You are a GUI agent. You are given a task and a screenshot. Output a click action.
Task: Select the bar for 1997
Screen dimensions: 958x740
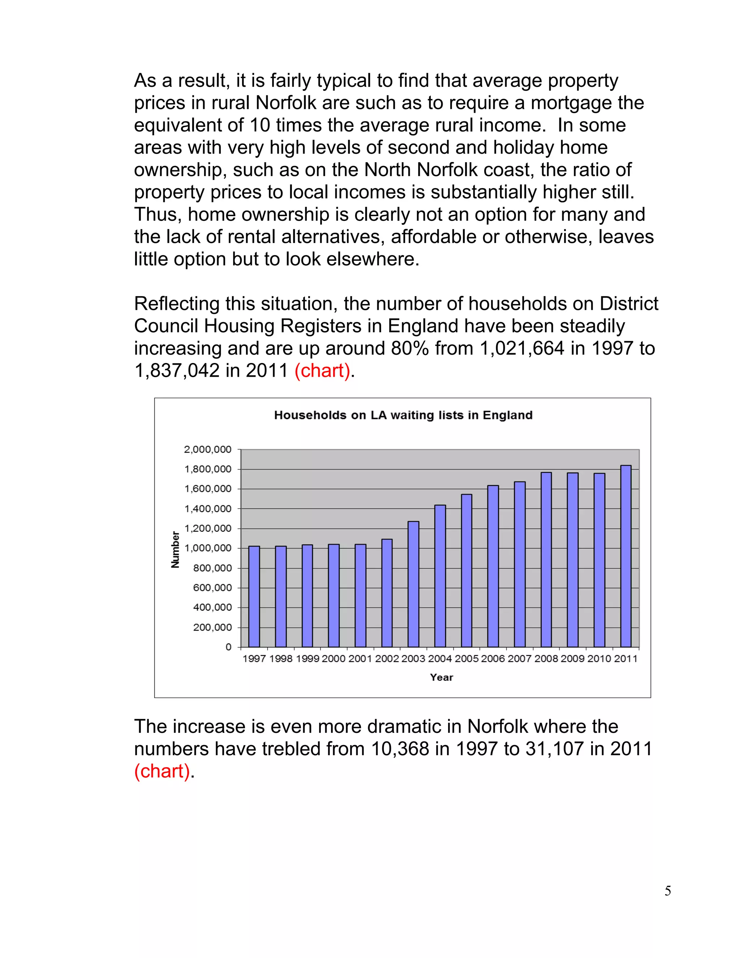click(x=254, y=596)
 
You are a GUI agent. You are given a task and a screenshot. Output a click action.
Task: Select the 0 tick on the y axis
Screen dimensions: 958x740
click(x=228, y=647)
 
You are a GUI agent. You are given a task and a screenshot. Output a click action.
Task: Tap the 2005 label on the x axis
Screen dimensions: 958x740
click(x=466, y=658)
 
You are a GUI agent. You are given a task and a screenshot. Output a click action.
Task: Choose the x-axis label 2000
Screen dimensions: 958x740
click(x=334, y=658)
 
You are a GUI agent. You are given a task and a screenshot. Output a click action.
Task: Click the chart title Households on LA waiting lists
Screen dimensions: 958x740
click(x=403, y=415)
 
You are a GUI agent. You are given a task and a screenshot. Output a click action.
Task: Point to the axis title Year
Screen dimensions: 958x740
click(x=442, y=677)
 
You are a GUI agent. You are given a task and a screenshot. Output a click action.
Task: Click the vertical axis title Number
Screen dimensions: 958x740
click(x=175, y=549)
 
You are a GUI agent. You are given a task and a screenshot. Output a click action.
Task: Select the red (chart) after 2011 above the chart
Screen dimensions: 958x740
click(x=322, y=371)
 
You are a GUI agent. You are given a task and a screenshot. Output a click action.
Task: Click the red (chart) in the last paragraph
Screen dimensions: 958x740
click(x=162, y=771)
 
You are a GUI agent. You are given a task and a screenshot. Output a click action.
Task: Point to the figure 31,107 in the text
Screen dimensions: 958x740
click(x=554, y=749)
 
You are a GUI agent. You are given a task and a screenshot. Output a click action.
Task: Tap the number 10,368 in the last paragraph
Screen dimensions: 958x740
click(x=400, y=749)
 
